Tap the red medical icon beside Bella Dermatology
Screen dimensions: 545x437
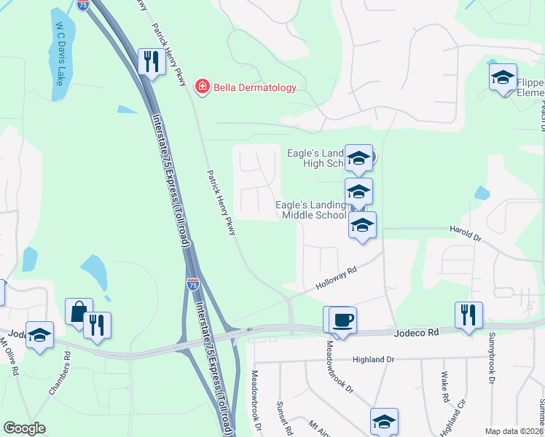(202, 88)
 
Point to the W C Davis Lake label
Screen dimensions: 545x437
(60, 52)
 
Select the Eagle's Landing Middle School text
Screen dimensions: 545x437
(311, 210)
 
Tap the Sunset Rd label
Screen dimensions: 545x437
(283, 418)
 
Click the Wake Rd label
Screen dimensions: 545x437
(444, 387)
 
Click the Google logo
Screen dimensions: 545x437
(25, 428)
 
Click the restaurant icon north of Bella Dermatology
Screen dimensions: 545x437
(151, 61)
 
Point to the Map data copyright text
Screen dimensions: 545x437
(514, 431)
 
